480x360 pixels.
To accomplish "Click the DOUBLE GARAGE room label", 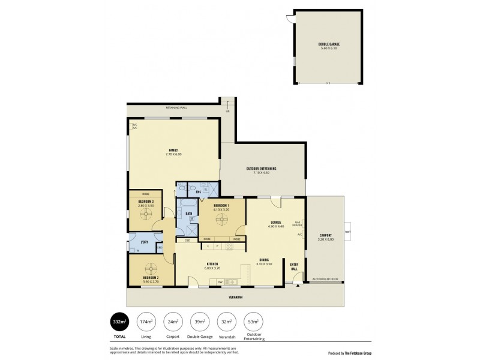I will coord(327,44).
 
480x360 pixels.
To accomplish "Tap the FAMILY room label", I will coord(173,150).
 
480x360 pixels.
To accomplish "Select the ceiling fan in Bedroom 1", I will coord(222,220).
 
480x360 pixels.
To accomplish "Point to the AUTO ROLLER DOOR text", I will coord(325,279).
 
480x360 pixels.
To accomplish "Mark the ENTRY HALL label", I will coord(294,266).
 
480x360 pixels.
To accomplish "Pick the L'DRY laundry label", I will coord(144,242).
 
